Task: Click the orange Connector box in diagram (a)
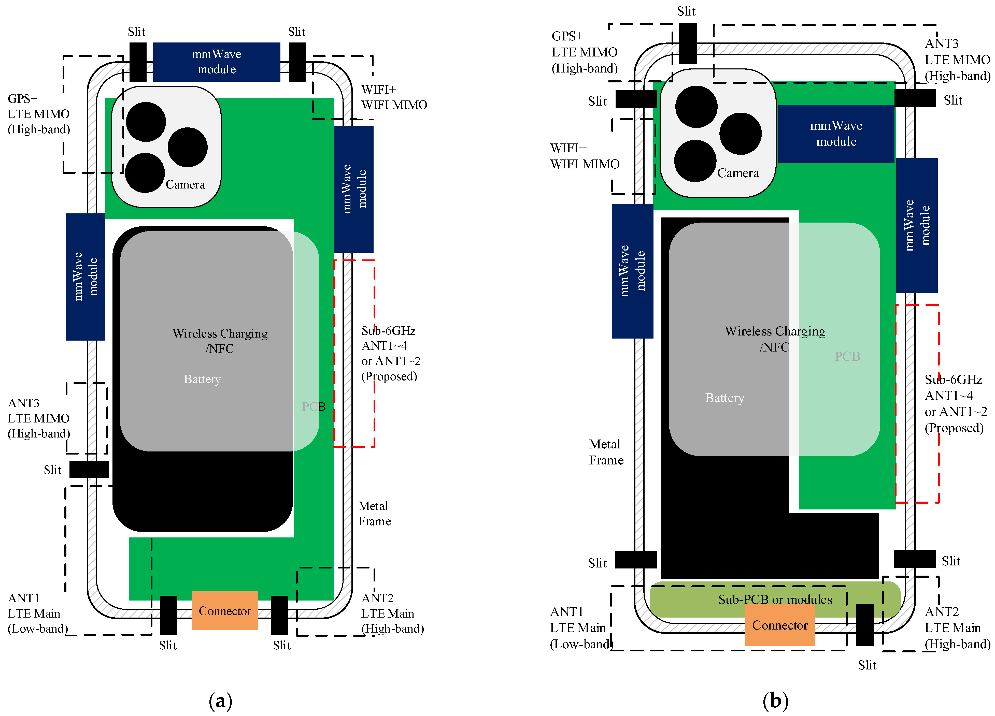pos(225,611)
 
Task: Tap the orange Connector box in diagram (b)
pos(780,625)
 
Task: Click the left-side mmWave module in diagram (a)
pos(86,277)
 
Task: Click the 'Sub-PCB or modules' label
pos(775,599)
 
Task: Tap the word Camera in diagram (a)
pos(185,185)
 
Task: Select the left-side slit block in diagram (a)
pos(89,469)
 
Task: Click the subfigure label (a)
pos(220,701)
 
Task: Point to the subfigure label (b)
pos(775,701)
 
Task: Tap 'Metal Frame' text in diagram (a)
pos(374,514)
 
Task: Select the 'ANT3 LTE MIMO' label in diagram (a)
pos(39,418)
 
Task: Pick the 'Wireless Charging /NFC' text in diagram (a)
pos(220,341)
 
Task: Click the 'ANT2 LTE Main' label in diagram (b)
pos(957,627)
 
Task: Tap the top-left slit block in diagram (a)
pos(138,62)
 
